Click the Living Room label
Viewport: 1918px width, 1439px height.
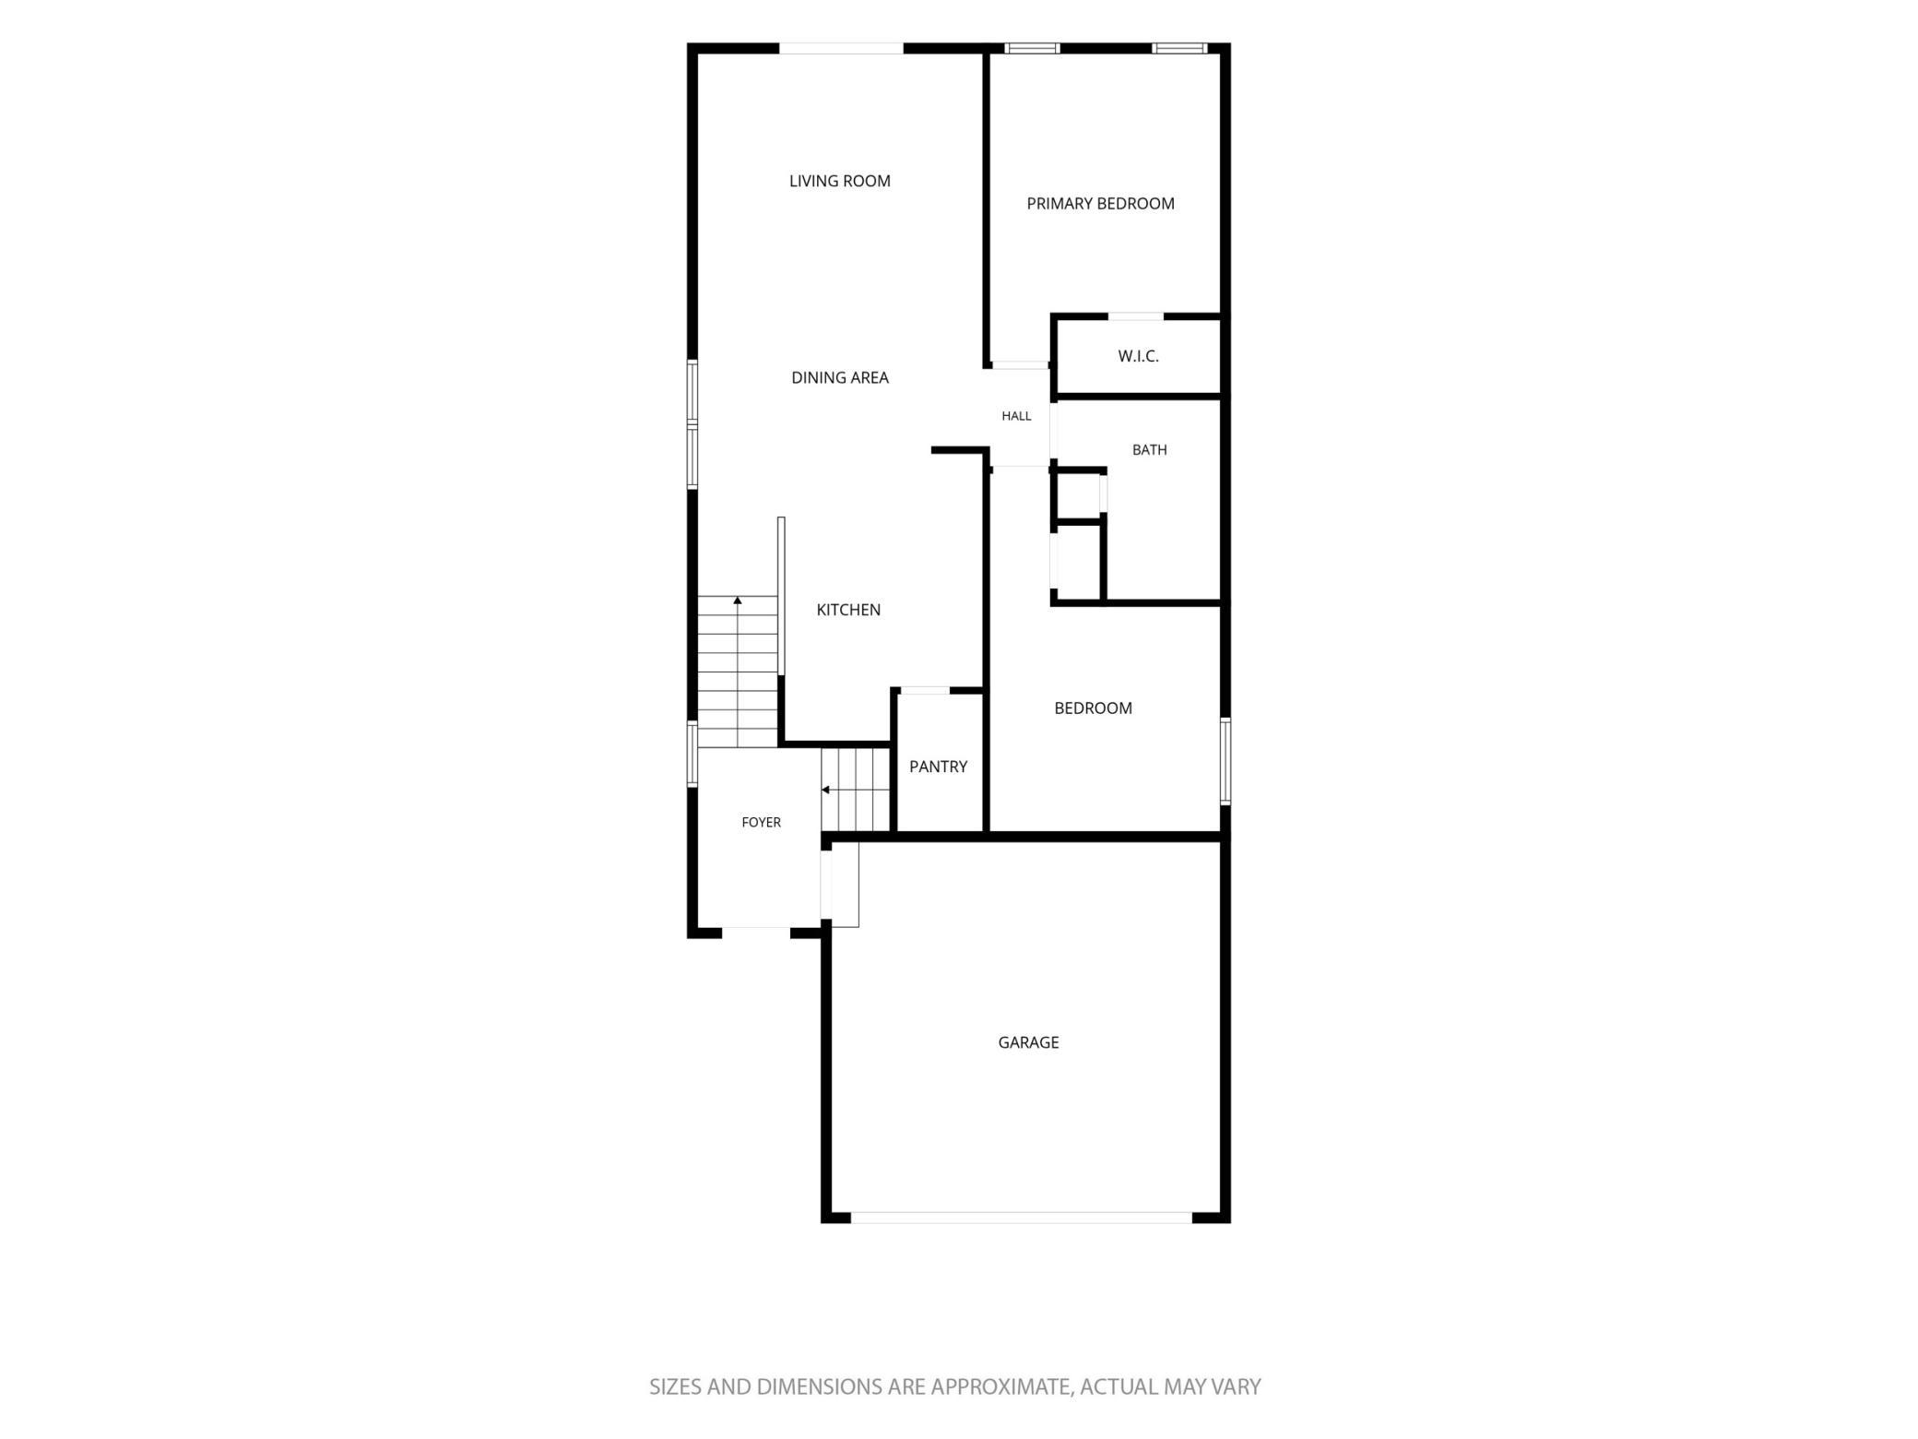point(839,181)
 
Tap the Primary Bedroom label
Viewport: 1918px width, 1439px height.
point(1100,204)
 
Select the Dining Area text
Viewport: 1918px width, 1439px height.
point(839,377)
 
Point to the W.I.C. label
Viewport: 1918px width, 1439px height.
point(1138,356)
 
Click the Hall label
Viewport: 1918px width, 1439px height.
point(1016,416)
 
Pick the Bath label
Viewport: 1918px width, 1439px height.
point(1149,450)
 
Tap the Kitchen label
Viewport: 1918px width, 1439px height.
point(848,610)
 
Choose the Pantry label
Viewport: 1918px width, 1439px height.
point(938,767)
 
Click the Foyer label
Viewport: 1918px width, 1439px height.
point(761,823)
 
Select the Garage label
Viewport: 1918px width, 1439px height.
point(1028,1042)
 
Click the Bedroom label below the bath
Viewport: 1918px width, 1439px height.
point(1093,708)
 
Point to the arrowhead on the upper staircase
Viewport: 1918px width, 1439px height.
point(738,601)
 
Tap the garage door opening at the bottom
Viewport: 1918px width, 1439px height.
point(1021,1218)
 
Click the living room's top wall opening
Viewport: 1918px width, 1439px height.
point(841,48)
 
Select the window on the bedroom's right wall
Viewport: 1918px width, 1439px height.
point(1225,761)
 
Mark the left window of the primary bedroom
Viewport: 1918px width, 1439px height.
point(1032,48)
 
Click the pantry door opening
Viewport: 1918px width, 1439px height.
point(924,690)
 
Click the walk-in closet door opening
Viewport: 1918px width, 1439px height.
point(1135,316)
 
